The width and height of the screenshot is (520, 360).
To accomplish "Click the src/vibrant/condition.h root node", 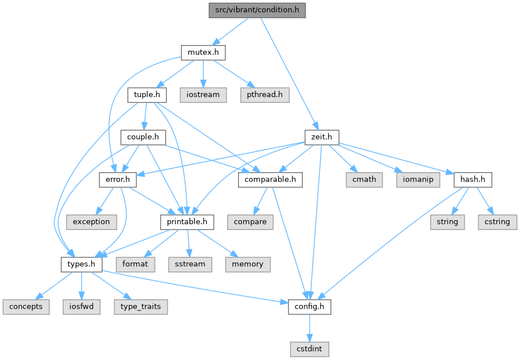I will coord(257,10).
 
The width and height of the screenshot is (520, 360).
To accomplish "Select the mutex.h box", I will coord(202,53).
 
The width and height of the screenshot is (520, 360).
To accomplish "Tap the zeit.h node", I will coord(321,137).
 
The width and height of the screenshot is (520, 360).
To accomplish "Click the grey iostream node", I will coord(203,94).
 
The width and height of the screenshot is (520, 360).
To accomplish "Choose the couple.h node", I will coord(143,137).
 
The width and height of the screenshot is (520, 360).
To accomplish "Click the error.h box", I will coord(117,180).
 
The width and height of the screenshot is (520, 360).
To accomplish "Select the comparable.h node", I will coord(270,180).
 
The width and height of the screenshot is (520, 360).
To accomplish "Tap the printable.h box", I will coord(187,221).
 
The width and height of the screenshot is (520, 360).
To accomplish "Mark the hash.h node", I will coord(473,180).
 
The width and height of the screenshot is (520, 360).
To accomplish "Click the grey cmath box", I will coord(363,180).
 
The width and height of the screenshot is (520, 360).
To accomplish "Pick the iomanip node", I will coord(418,180).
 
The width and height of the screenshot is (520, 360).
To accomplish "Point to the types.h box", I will coord(81,264).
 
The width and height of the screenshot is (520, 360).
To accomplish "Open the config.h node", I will coord(310,306).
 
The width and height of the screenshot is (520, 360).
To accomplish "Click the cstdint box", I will coord(310,349).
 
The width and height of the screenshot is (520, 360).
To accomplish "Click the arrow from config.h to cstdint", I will coord(310,328).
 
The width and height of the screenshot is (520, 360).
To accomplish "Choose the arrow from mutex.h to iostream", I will coord(202,73).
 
